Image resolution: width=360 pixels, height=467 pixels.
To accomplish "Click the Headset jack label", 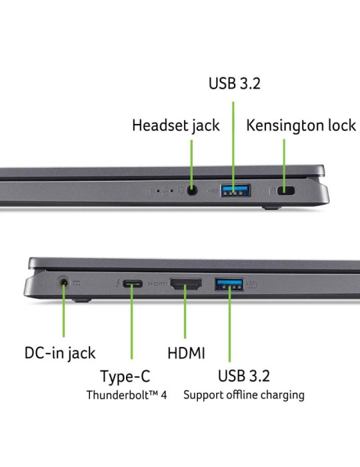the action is [176, 125].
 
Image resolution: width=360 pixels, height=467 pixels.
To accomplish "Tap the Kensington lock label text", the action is [301, 125].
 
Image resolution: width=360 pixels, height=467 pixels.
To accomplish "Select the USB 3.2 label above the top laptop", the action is [235, 83].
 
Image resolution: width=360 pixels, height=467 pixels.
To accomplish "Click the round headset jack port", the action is [192, 190].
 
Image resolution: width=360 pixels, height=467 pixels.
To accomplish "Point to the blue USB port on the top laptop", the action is [235, 191].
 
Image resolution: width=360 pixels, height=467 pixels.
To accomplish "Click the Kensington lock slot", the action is [285, 190].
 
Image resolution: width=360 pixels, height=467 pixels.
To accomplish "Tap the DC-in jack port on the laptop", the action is [63, 282].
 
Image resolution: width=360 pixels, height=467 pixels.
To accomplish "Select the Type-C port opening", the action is [133, 284].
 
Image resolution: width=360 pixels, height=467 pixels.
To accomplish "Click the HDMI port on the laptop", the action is [185, 284].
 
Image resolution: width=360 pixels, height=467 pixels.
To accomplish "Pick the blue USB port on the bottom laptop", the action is [229, 284].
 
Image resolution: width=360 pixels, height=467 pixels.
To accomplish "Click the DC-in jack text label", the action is [60, 354].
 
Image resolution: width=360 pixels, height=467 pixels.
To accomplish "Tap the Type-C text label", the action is [125, 376].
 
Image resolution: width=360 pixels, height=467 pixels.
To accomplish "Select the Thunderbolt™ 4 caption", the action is [127, 395].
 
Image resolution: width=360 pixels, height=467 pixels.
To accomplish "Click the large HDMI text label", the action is [186, 353].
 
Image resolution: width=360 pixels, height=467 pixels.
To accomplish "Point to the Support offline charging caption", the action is [244, 396].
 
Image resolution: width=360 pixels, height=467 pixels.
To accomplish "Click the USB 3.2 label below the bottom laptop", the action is [244, 376].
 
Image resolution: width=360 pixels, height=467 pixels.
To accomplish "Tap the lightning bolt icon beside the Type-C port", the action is [119, 284].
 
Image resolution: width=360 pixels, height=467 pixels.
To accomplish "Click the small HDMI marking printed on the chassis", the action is [157, 284].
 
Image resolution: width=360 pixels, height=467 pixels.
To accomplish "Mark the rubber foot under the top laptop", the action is [271, 207].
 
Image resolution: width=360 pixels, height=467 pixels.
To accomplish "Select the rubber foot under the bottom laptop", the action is [82, 300].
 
